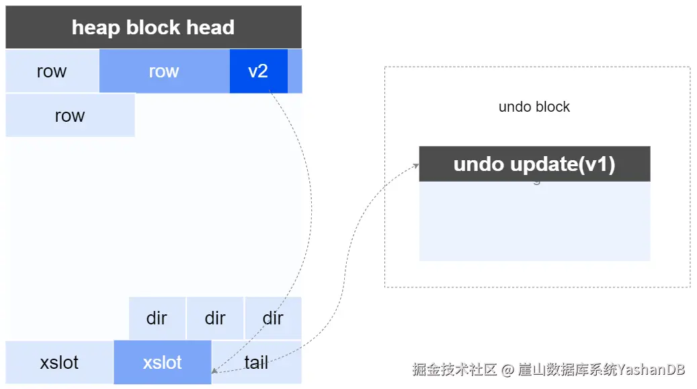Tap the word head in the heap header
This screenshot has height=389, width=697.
210,28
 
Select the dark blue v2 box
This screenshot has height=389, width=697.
258,71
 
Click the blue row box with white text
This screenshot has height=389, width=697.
165,71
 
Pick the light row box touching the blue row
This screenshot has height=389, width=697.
52,71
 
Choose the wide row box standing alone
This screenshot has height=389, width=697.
70,115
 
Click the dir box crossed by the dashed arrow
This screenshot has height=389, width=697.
273,318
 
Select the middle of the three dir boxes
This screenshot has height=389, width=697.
215,318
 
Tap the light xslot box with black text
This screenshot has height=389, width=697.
60,362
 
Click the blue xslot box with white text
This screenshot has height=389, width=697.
162,362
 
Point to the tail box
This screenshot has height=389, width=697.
257,362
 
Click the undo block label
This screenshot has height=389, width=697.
534,107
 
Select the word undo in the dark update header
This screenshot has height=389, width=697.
479,164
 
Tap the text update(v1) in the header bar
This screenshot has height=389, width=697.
563,165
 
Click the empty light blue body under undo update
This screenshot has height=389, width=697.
534,221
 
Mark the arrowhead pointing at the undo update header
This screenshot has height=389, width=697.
416,166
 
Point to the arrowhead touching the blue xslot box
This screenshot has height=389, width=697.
214,370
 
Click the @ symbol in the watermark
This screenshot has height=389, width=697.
507,369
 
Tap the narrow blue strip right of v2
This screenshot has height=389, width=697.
294,71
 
